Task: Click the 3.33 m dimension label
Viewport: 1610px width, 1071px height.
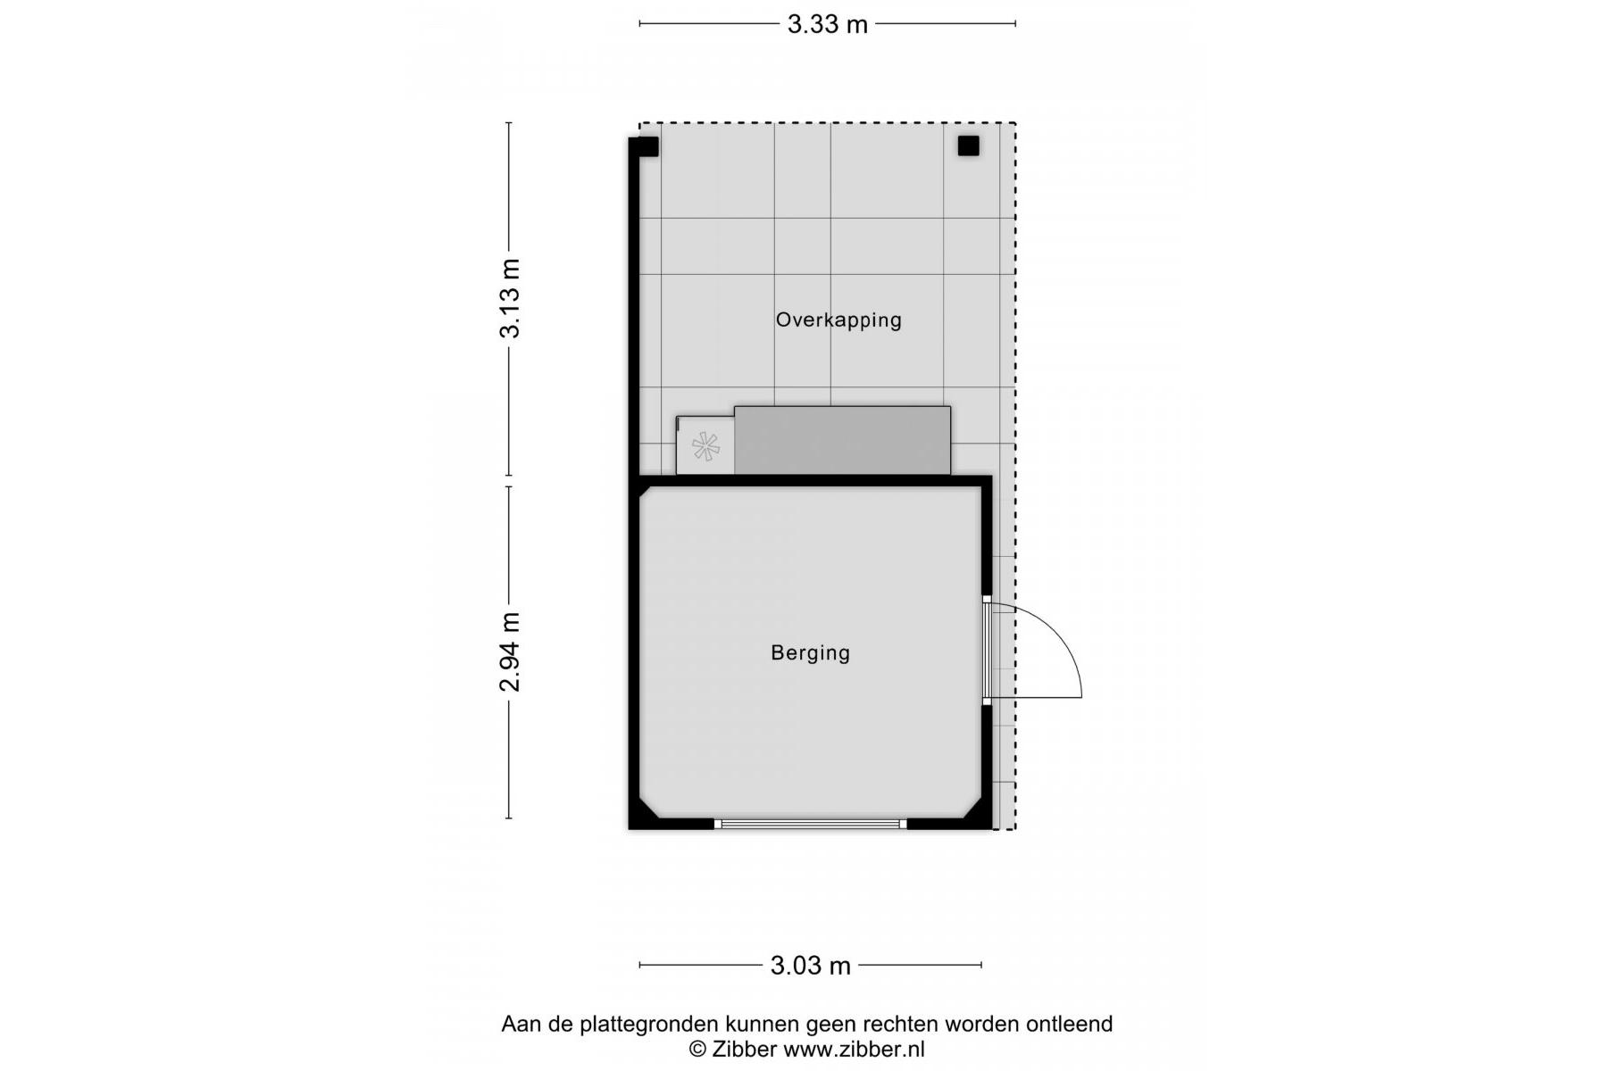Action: tap(827, 24)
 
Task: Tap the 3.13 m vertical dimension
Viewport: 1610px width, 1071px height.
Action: tap(510, 299)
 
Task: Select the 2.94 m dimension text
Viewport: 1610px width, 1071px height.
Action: tap(510, 652)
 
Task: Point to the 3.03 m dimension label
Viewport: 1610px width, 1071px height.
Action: tap(810, 965)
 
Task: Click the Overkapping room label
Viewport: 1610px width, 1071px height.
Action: tap(838, 320)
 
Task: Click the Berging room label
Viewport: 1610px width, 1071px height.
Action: tap(810, 652)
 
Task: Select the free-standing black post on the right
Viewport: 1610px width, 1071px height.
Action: tap(968, 145)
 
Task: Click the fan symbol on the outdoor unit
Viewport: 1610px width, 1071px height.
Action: tap(705, 446)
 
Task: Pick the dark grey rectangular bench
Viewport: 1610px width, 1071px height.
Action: tap(842, 440)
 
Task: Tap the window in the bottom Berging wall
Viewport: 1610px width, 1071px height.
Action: tap(810, 824)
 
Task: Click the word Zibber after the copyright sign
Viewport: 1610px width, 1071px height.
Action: tap(744, 1050)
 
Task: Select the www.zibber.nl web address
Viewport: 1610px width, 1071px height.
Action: tap(854, 1050)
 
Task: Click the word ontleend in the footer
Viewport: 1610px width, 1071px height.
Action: tap(1069, 1024)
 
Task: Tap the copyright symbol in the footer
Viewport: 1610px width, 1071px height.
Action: tap(697, 1050)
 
